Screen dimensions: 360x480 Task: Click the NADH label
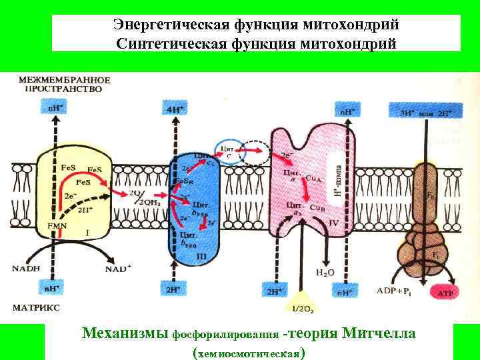click(x=27, y=269)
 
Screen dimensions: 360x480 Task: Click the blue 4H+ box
click(x=175, y=108)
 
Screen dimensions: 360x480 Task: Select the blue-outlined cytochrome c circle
click(x=226, y=153)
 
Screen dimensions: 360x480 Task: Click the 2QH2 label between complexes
click(x=151, y=203)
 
